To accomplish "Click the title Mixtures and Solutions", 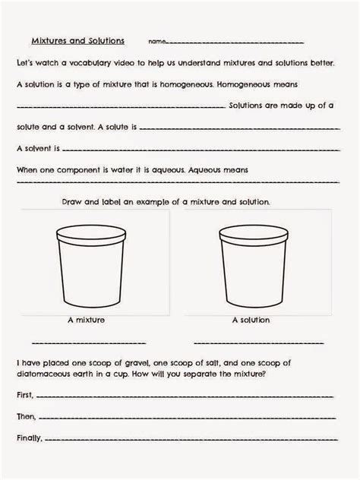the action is (77, 40).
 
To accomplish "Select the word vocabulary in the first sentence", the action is (93, 62).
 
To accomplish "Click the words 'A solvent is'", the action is (37, 148).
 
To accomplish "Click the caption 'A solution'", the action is (251, 321).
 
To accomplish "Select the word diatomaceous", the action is (47, 374).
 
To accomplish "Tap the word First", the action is (24, 396).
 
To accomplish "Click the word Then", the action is (25, 417).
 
